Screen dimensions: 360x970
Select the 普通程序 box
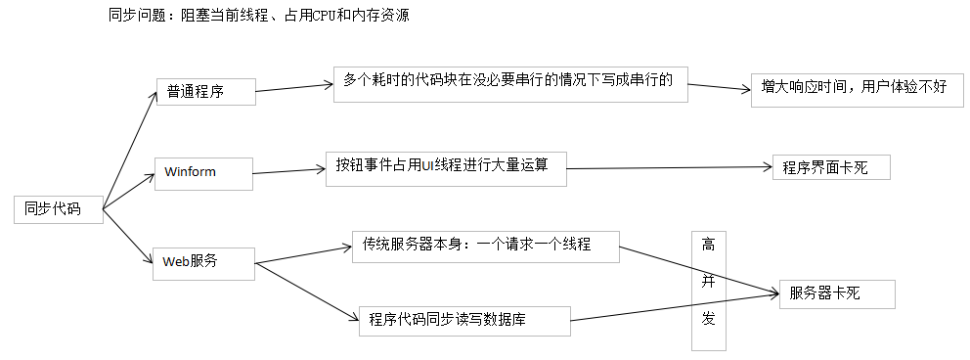(205, 92)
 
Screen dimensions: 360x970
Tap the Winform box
(203, 172)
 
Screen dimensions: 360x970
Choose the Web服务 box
(203, 262)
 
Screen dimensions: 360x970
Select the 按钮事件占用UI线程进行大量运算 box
(447, 167)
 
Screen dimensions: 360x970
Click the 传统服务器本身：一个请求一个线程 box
(485, 246)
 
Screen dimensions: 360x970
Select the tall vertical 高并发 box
(710, 291)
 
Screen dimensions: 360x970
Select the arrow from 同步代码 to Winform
(129, 191)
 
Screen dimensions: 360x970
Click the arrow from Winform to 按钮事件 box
(289, 171)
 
